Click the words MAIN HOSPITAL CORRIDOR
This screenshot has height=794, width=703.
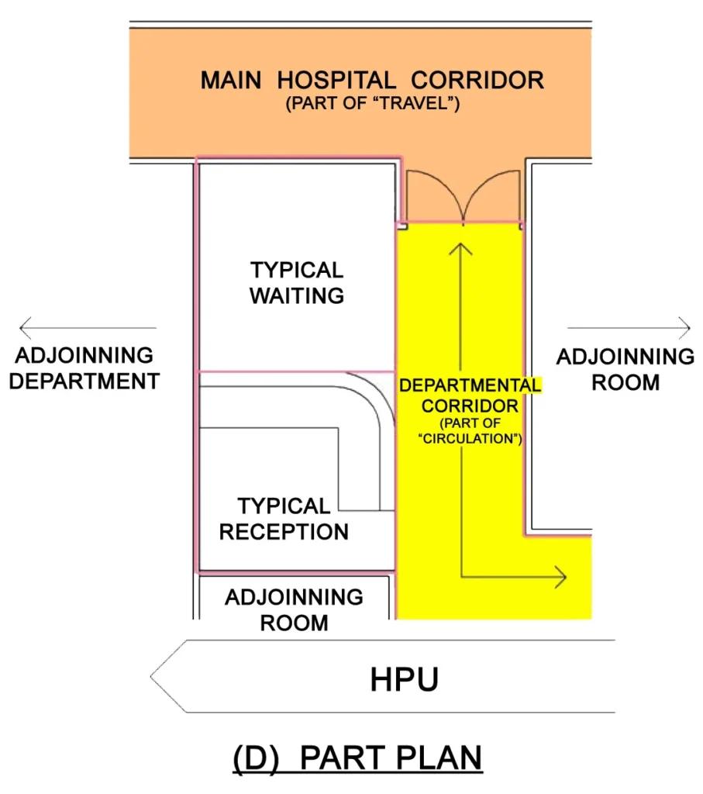pyautogui.click(x=372, y=80)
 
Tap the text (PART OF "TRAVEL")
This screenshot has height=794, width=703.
pyautogui.click(x=373, y=103)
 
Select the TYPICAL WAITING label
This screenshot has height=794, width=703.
pyautogui.click(x=297, y=282)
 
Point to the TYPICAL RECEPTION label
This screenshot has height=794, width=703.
pyautogui.click(x=284, y=519)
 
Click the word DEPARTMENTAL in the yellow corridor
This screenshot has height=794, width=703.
pyautogui.click(x=470, y=385)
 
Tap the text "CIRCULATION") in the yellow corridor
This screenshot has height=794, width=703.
pyautogui.click(x=470, y=438)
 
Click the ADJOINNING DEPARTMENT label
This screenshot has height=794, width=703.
pyautogui.click(x=84, y=368)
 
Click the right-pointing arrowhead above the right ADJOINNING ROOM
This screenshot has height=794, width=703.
pyautogui.click(x=685, y=328)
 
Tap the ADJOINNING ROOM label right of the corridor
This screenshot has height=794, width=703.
pyautogui.click(x=625, y=370)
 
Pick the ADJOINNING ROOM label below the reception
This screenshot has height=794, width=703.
pyautogui.click(x=294, y=609)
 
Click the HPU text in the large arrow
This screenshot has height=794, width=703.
pyautogui.click(x=404, y=679)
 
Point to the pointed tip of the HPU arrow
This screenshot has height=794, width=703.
pyautogui.click(x=151, y=676)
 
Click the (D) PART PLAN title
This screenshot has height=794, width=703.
pyautogui.click(x=357, y=758)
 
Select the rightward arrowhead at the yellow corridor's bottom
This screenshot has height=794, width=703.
pyautogui.click(x=561, y=577)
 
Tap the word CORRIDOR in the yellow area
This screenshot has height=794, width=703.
pyautogui.click(x=470, y=406)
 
